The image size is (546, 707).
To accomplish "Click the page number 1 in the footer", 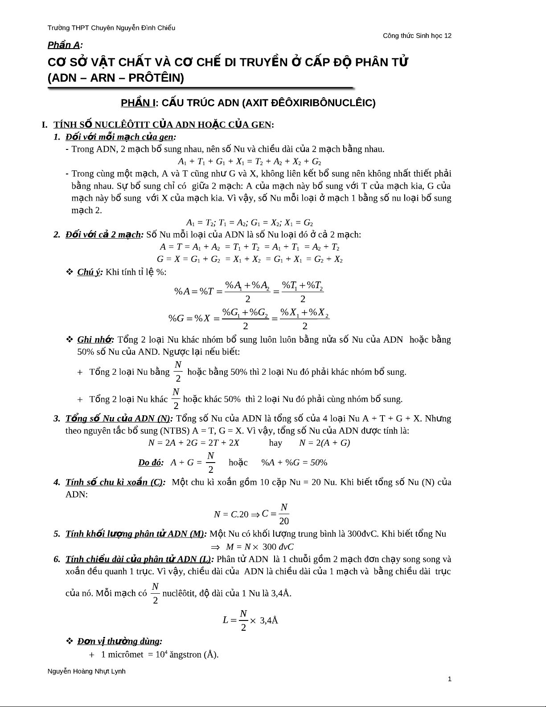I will (449, 679).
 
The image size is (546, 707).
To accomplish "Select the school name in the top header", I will (111, 28).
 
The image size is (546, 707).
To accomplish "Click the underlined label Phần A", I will (65, 45).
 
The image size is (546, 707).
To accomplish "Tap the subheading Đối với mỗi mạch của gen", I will (120, 136).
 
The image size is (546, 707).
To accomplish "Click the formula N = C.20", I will (231, 514).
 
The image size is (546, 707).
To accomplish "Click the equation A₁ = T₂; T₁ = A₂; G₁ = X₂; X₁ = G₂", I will (249, 223).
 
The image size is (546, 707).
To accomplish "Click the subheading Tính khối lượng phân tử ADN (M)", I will (136, 533).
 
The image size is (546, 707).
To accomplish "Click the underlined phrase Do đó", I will (150, 462).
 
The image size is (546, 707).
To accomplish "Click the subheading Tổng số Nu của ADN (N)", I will (119, 418).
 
